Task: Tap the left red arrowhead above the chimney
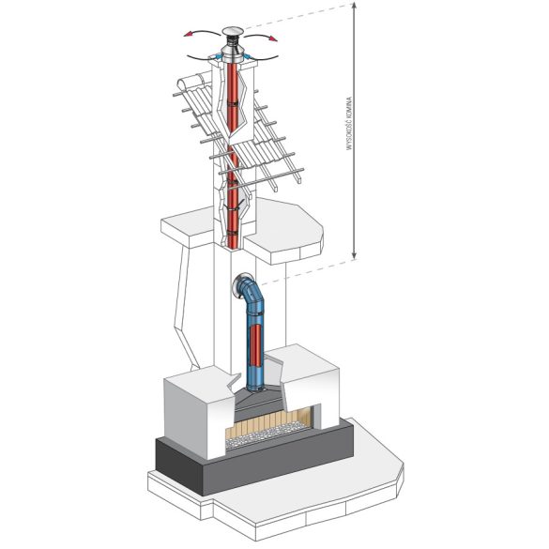[188, 34]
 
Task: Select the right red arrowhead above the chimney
[273, 38]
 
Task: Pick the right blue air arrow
[247, 56]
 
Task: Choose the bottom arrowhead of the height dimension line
[355, 255]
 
